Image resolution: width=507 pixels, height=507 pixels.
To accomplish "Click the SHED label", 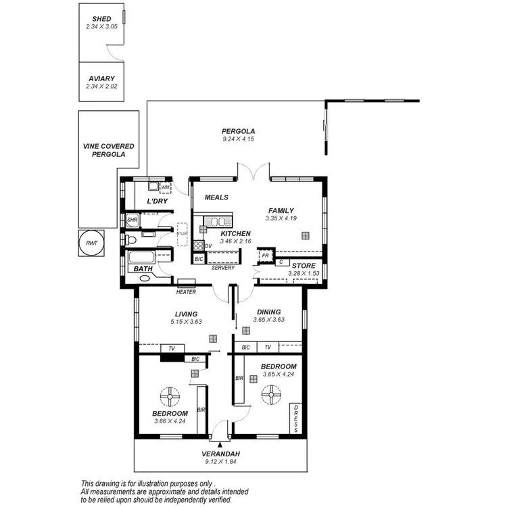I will pyautogui.click(x=101, y=19).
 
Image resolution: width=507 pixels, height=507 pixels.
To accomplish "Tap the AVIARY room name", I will pyautogui.click(x=101, y=79).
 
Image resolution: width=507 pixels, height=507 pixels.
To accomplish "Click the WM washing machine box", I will pyautogui.click(x=165, y=187).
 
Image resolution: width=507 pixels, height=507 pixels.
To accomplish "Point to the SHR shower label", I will pyautogui.click(x=132, y=220).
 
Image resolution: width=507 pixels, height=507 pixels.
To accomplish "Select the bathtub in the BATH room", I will pyautogui.click(x=142, y=258).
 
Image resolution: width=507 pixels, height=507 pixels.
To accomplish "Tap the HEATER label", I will pyautogui.click(x=186, y=292).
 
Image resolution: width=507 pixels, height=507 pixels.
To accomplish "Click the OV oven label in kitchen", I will pyautogui.click(x=208, y=245).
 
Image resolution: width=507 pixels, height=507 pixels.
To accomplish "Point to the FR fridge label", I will pyautogui.click(x=265, y=256).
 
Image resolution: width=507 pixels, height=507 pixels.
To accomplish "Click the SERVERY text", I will pyautogui.click(x=222, y=268).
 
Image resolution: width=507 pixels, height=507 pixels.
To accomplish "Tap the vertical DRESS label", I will pyautogui.click(x=296, y=419).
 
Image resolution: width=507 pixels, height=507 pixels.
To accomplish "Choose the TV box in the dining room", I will pyautogui.click(x=268, y=347).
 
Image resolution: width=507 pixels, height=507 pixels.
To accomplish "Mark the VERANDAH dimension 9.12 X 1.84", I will pyautogui.click(x=220, y=462).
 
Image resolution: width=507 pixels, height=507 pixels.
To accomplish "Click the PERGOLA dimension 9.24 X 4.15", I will pyautogui.click(x=238, y=139).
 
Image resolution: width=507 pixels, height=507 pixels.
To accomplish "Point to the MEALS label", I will pyautogui.click(x=216, y=197).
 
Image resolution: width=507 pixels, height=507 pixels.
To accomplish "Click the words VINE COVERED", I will pyautogui.click(x=108, y=146).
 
